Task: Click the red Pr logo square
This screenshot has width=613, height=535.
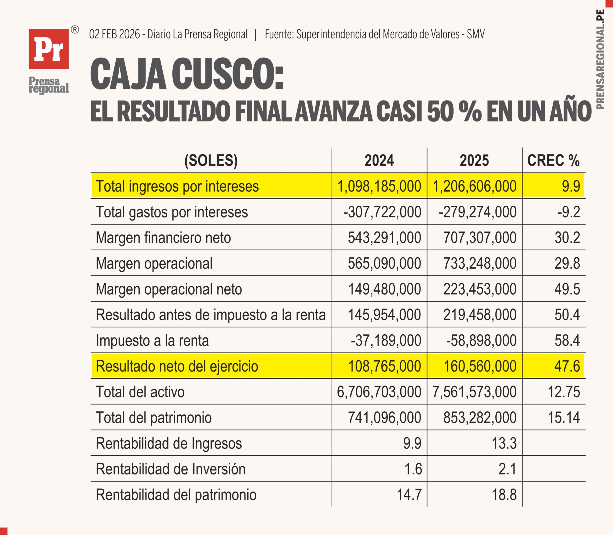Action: click(49, 49)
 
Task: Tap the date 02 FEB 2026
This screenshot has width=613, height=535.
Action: click(114, 34)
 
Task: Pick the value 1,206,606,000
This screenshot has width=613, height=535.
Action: click(474, 186)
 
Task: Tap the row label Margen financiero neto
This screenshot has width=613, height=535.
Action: click(163, 238)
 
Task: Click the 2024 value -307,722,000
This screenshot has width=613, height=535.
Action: click(382, 212)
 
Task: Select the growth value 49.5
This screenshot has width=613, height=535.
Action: click(567, 289)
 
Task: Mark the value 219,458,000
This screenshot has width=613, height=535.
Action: click(480, 315)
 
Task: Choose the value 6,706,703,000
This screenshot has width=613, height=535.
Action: click(379, 392)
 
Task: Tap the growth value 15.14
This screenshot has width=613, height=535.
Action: click(564, 417)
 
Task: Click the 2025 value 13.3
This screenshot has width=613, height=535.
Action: click(504, 443)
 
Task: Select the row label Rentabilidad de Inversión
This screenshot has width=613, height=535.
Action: click(170, 469)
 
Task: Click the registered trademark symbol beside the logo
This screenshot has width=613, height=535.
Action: click(75, 30)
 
